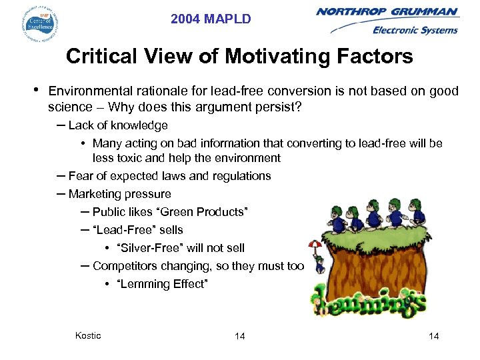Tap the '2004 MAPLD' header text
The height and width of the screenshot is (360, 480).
click(211, 19)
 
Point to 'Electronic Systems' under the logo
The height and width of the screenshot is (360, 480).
click(415, 30)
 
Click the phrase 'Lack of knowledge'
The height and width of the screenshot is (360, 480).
click(118, 125)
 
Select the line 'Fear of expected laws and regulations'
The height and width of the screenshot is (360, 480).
click(169, 176)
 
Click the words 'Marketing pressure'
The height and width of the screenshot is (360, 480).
click(119, 194)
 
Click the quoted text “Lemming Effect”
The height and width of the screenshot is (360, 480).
click(163, 284)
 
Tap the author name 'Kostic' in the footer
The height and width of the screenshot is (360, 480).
click(88, 335)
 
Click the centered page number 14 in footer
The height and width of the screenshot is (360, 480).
click(239, 336)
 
